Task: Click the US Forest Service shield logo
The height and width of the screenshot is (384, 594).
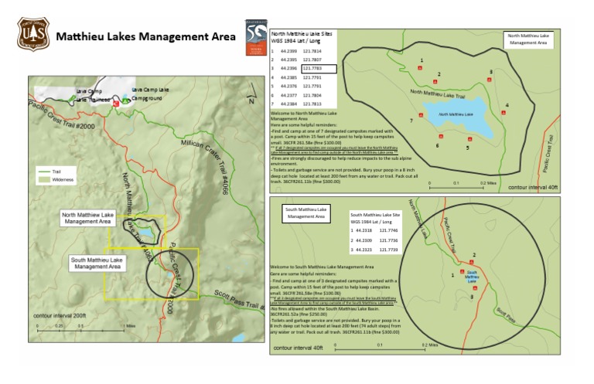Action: (x=32, y=33)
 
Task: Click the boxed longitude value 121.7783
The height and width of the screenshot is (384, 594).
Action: (x=319, y=69)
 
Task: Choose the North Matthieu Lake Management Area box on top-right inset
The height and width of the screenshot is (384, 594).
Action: (x=528, y=39)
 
